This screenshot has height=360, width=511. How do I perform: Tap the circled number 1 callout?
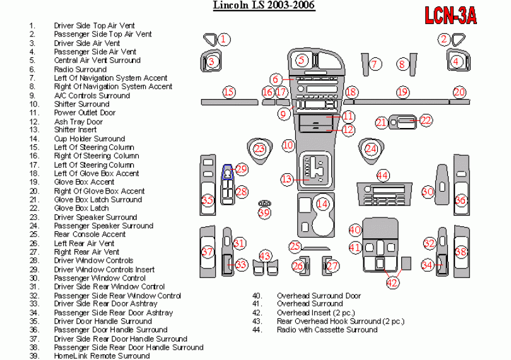[224, 39]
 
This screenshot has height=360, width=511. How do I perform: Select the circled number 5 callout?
[302, 60]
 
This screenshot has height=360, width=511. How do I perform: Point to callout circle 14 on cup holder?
[322, 203]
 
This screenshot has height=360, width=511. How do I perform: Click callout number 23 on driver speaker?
[259, 149]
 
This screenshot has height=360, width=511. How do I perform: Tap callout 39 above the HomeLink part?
[264, 213]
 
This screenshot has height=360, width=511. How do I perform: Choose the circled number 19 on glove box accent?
[402, 92]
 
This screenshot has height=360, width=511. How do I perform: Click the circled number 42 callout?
[392, 282]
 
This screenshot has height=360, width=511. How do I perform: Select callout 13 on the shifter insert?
[287, 179]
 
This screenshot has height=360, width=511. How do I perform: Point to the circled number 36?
[461, 200]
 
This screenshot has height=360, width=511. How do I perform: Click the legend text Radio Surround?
[80, 69]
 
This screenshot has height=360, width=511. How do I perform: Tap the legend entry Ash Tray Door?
[78, 122]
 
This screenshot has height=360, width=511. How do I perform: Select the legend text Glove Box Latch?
[81, 208]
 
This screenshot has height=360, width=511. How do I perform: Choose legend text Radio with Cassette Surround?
[327, 329]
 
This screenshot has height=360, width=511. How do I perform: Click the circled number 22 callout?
[426, 120]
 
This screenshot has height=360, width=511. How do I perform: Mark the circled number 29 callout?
[241, 169]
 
